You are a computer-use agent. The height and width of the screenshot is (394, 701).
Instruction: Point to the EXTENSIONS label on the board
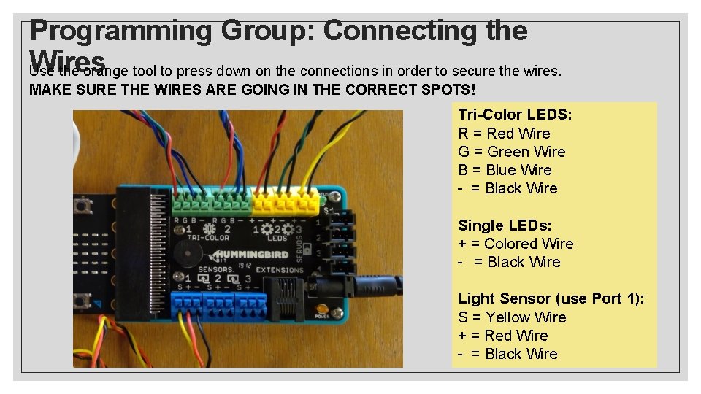pos(280,269)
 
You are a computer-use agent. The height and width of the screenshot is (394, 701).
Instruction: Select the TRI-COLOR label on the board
pos(207,238)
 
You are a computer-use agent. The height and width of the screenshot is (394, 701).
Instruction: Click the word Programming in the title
pos(120,30)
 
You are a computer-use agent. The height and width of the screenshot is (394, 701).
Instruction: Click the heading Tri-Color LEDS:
pos(515,115)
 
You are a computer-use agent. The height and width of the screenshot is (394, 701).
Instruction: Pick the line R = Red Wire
pos(504,133)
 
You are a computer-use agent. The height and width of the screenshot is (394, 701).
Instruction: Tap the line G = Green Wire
pos(511,151)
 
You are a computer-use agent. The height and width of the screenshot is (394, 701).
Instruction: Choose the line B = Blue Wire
pos(505,169)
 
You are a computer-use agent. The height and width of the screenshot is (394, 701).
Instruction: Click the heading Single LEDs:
pos(505,225)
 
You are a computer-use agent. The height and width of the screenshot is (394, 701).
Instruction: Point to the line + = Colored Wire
pos(516,243)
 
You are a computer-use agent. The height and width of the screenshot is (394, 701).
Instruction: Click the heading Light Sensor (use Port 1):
pos(551,298)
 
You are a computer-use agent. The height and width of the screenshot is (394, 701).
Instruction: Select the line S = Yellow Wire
pos(512,317)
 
